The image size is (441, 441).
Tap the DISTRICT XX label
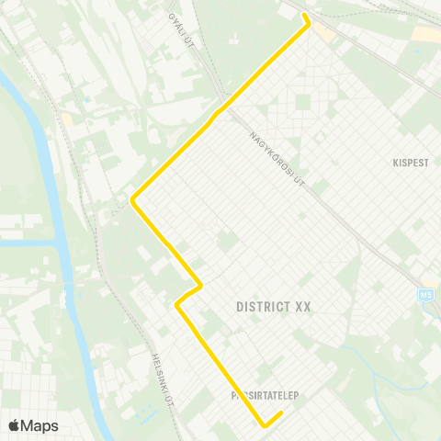274,307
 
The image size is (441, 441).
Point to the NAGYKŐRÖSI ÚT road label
277,159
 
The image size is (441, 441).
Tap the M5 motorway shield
425,295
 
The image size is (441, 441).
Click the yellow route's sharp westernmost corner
133,198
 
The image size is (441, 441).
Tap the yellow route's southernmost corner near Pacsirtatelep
265,425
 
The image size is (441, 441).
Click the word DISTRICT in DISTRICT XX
262,307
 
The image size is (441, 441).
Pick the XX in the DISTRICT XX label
304,307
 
